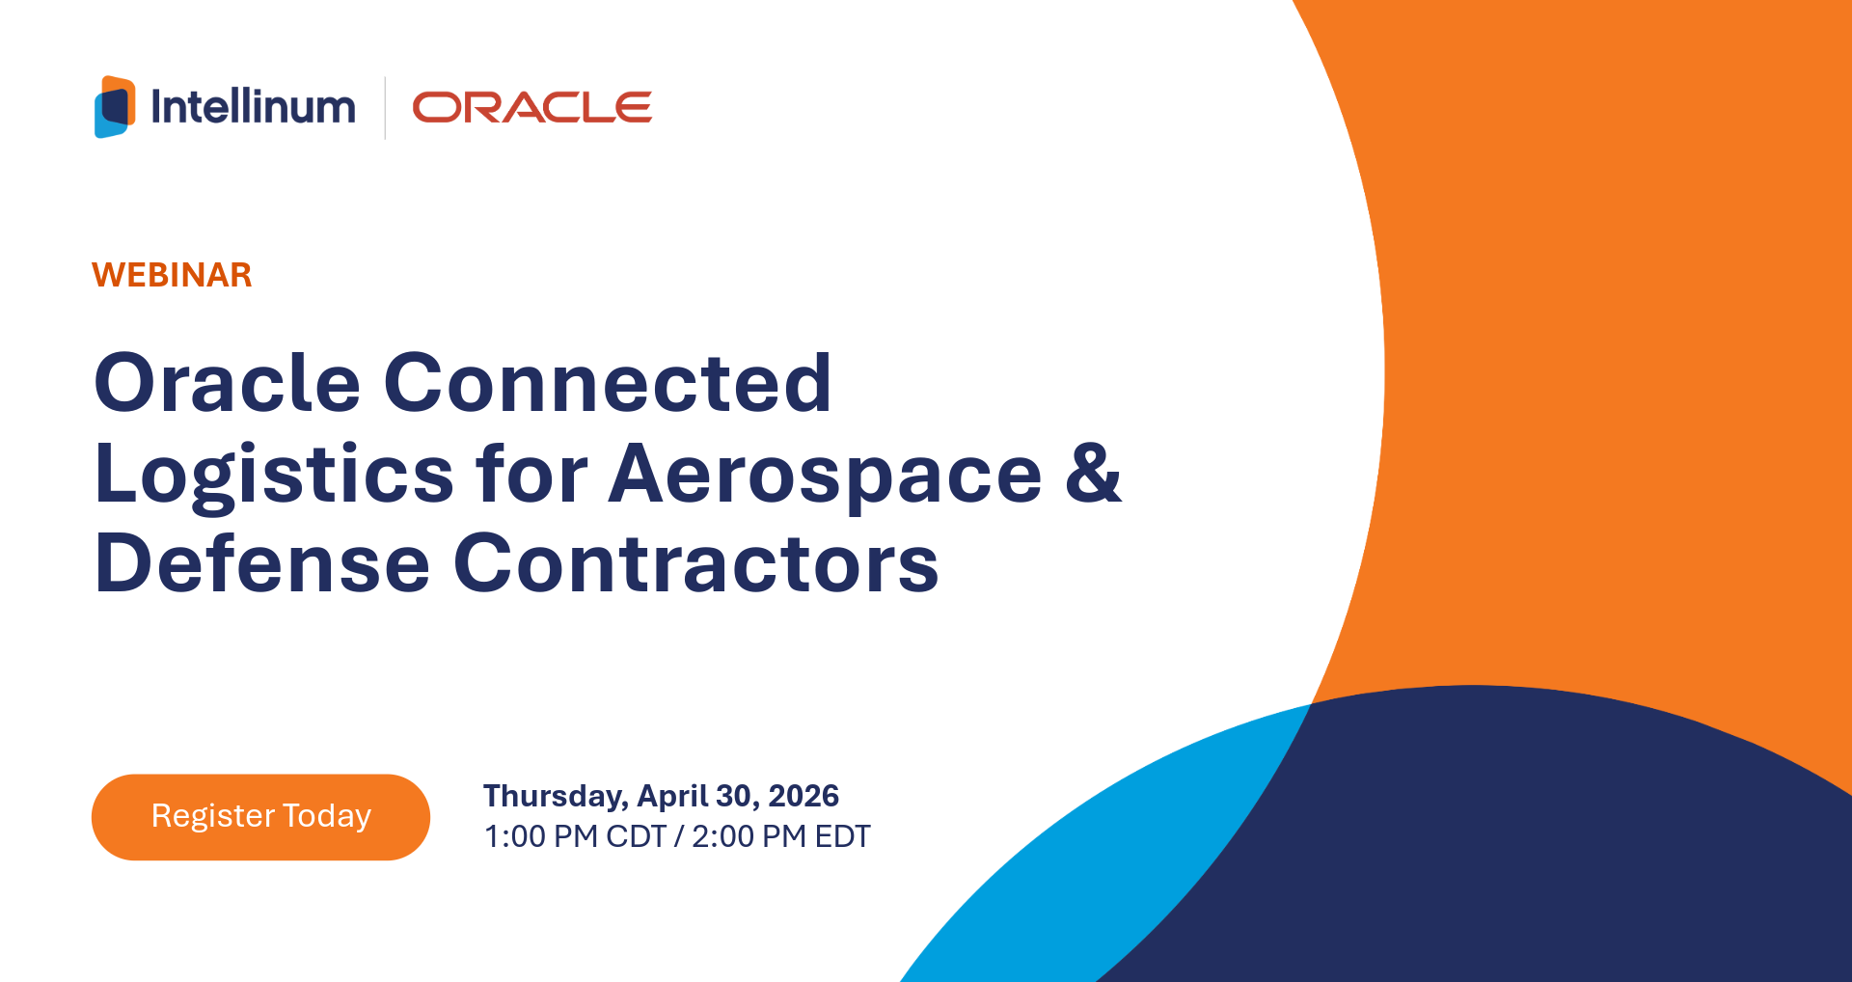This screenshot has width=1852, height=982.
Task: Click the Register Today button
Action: (260, 817)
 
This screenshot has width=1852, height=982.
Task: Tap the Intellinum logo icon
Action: (115, 107)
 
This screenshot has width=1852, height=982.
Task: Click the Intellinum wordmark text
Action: (254, 107)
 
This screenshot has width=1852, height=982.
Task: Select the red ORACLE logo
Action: (532, 108)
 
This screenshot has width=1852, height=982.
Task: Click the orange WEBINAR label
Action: (172, 275)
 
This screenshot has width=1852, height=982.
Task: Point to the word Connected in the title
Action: (608, 383)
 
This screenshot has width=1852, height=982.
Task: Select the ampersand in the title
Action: (1094, 472)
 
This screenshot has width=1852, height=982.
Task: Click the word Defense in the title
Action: (262, 562)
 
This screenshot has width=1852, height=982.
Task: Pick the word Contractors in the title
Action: (696, 562)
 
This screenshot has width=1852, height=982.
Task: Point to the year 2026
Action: (803, 796)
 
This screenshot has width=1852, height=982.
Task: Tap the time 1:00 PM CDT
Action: (575, 836)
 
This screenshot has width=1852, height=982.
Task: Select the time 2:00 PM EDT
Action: (781, 836)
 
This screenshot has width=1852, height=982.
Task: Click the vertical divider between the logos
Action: (385, 108)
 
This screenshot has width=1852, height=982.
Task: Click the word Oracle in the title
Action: (228, 383)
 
